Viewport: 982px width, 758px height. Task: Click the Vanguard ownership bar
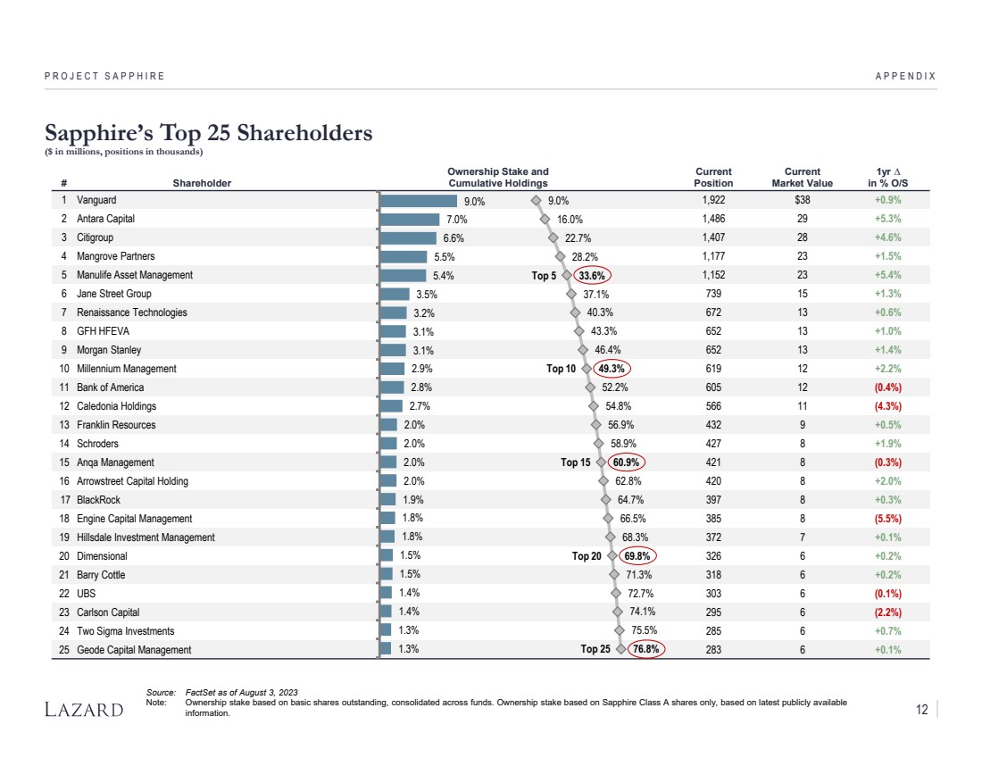coord(419,201)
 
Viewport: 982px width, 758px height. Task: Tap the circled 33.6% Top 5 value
coord(592,276)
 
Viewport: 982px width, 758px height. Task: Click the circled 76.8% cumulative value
coord(645,650)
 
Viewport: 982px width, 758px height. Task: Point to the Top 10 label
coord(561,369)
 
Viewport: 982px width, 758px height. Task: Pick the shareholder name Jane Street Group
coord(114,294)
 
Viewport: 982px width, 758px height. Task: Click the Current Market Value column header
coord(802,178)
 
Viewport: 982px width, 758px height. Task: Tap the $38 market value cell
coord(802,201)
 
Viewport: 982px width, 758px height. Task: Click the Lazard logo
coord(84,710)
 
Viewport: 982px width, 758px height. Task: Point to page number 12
coord(921,710)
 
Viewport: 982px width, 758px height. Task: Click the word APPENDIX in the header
coord(906,76)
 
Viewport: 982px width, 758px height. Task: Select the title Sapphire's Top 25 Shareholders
coord(209,133)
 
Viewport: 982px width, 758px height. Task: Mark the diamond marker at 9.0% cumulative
coord(536,201)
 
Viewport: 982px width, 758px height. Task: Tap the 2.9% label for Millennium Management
coord(422,369)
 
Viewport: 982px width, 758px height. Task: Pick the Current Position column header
coord(713,178)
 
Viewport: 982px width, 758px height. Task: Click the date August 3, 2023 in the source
coord(264,693)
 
